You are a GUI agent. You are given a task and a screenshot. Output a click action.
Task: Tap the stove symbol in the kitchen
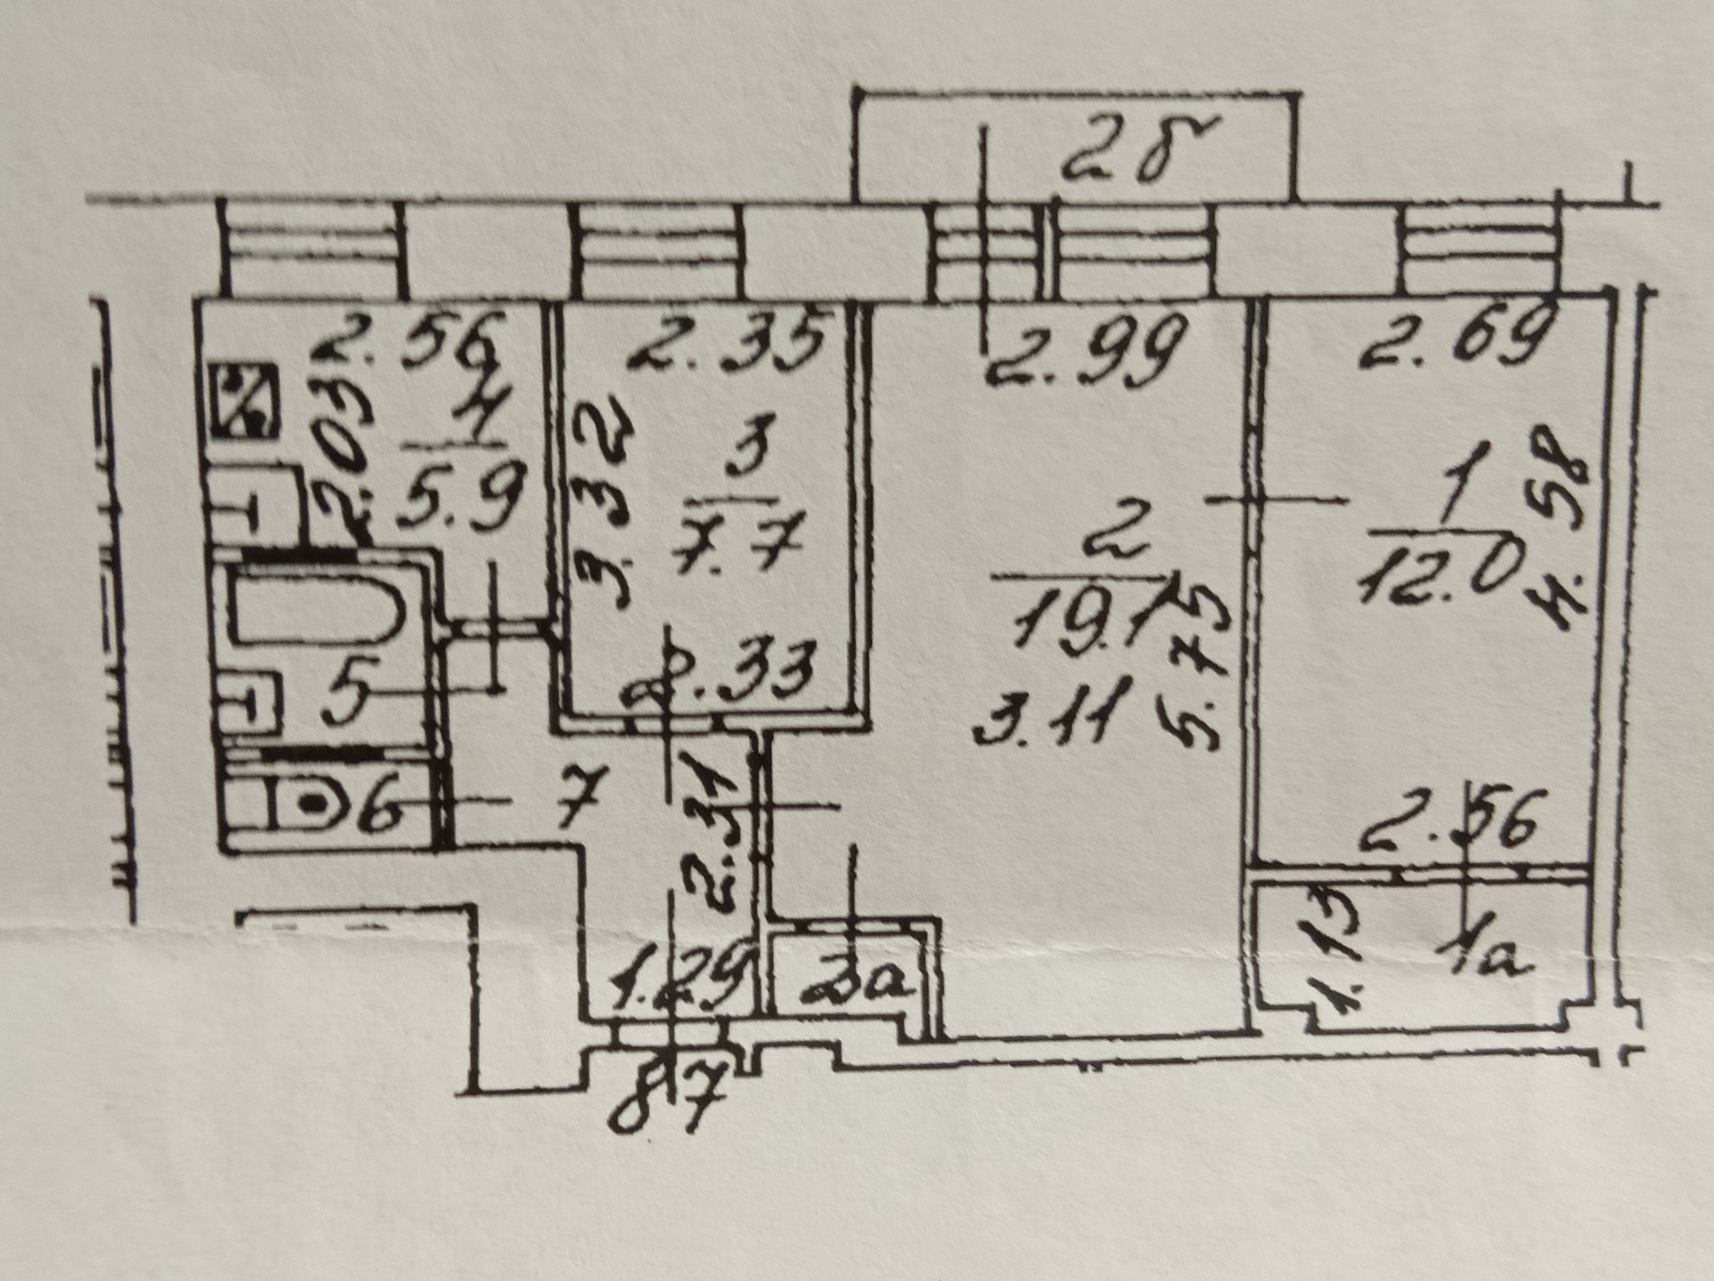tap(244, 404)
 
